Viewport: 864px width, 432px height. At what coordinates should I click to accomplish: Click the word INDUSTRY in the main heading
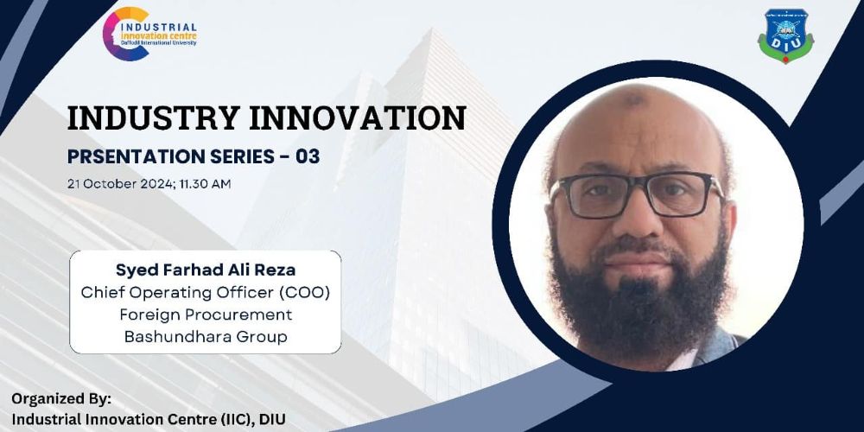[149, 118]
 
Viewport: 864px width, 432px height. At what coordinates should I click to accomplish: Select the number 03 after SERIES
[308, 157]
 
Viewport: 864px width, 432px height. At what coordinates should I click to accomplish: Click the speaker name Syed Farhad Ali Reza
[206, 270]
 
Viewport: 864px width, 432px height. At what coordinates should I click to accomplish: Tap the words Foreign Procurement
[206, 315]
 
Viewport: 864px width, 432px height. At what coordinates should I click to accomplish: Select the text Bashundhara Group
[206, 337]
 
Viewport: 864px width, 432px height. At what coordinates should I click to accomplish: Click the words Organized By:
[61, 398]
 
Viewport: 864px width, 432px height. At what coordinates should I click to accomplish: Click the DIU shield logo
[785, 35]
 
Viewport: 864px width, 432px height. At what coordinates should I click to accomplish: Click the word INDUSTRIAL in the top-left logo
[158, 27]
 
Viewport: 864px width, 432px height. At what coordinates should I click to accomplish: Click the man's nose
[638, 219]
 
